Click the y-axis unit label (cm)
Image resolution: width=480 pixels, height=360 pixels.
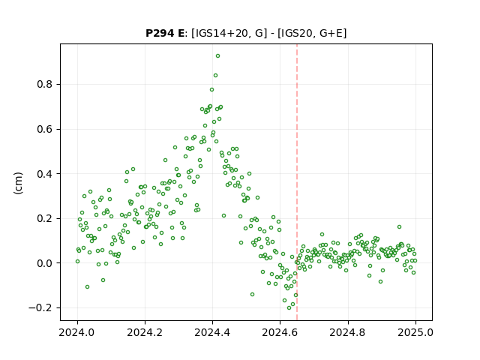(18, 183)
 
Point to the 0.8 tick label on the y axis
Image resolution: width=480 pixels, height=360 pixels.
(45, 85)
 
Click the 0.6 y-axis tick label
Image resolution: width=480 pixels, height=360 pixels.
(45, 129)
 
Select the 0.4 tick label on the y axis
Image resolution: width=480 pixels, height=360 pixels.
(45, 174)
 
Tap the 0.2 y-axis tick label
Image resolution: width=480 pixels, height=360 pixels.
(45, 218)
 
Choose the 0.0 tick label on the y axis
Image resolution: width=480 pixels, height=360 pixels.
(45, 263)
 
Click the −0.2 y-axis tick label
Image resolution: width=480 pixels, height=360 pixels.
(41, 308)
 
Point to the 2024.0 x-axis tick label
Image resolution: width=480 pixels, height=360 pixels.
(77, 332)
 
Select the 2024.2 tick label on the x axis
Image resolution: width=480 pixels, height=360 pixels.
(145, 332)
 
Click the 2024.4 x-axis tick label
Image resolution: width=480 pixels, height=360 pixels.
(212, 332)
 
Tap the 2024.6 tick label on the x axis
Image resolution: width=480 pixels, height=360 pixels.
(280, 332)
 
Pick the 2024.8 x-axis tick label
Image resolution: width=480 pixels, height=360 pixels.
(348, 332)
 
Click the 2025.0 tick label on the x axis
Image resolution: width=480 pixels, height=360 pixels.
(415, 332)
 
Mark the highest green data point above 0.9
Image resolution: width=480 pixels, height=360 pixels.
(217, 56)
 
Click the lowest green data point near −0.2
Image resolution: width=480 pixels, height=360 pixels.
(289, 308)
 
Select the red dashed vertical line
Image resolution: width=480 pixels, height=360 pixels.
(297, 182)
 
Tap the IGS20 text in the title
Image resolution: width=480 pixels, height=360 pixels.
(297, 33)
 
